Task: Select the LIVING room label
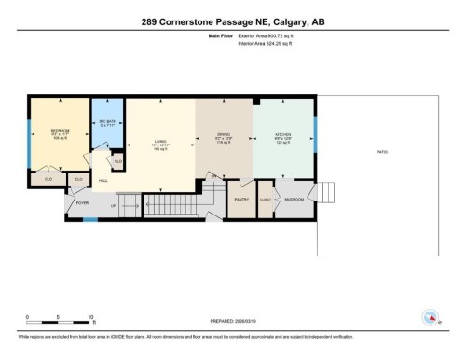coord(160,142)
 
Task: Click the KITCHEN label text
coord(282,134)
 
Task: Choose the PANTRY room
coord(240,199)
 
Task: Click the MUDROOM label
coord(295,199)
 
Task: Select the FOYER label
coord(81,200)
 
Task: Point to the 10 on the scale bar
coord(90,317)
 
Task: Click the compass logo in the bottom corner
coord(430,318)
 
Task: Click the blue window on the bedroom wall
coord(29,141)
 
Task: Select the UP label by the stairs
coord(114,205)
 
